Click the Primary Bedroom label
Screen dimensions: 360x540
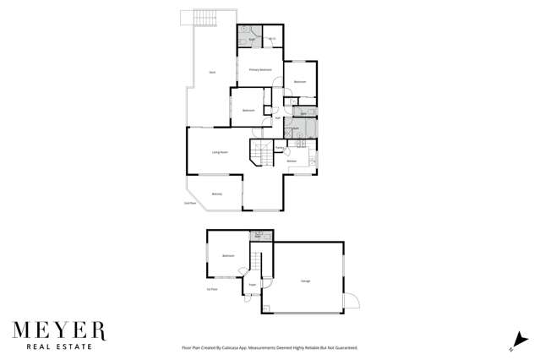[259, 69]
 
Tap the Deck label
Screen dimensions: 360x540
[212, 73]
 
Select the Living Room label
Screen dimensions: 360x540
[220, 152]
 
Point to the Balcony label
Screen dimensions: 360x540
[217, 194]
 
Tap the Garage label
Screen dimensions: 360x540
[305, 281]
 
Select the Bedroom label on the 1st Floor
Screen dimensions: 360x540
[228, 255]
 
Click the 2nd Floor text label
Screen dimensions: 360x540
[190, 204]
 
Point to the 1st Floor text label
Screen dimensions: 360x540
[212, 289]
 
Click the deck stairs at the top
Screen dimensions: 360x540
[205, 18]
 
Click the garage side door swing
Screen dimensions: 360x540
[352, 302]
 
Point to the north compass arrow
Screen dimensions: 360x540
[512, 342]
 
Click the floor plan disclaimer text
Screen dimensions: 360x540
[270, 347]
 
